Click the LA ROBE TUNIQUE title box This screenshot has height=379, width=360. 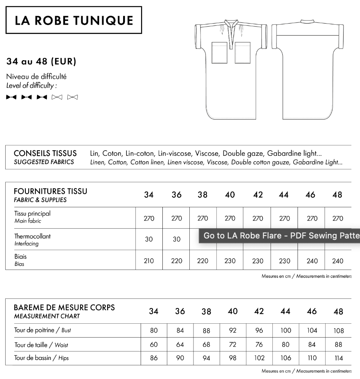(74, 20)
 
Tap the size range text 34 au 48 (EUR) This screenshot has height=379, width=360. (41, 62)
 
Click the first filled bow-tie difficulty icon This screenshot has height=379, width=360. (11, 98)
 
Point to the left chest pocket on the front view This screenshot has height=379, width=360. (220, 53)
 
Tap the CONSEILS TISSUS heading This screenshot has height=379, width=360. (45, 153)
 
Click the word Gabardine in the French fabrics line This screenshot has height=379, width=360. (281, 153)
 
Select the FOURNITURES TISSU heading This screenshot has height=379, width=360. (51, 191)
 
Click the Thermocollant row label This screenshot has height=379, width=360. (32, 236)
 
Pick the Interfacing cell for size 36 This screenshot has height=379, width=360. (177, 239)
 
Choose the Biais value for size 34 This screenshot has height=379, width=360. (149, 261)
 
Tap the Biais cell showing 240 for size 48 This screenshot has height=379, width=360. (338, 261)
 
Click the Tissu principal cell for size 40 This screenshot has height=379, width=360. (230, 218)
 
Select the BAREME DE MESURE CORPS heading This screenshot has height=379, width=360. (64, 308)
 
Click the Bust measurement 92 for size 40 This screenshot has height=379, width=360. (233, 331)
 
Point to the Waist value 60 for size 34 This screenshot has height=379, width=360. (154, 344)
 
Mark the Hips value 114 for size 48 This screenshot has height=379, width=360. (339, 358)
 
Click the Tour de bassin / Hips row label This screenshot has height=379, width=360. (42, 358)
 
